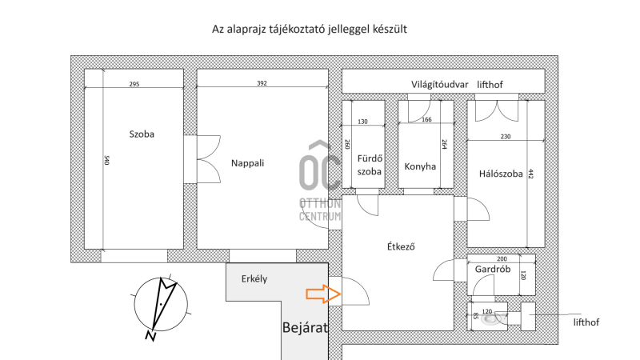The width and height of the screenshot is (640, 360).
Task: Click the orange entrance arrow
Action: pos(323,294)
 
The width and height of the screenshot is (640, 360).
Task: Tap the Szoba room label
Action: pos(142,134)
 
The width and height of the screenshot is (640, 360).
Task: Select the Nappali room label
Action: pos(247,163)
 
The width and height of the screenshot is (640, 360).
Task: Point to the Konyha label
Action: pos(420,166)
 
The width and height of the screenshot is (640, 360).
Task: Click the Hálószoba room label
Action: pos(501,174)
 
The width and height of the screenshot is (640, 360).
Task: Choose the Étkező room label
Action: pos(401,246)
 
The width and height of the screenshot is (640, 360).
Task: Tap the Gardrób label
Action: pos(493,270)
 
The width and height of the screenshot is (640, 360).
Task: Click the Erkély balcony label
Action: pos(254,279)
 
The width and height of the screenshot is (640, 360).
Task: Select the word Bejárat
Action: pos(306,327)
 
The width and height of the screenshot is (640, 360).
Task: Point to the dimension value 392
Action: pos(262,83)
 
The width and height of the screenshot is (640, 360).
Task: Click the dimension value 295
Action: pos(134,84)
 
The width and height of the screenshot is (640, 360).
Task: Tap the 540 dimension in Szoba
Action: pos(107,160)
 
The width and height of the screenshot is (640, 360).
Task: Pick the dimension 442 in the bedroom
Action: pos(530,174)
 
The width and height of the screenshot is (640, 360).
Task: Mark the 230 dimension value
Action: pos(506,137)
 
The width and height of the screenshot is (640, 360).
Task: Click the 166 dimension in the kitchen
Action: pos(426,119)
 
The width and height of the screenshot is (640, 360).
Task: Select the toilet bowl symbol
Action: pos(490,318)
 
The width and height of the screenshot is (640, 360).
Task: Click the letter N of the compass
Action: pos(150,336)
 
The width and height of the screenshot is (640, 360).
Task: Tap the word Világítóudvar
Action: pos(439,85)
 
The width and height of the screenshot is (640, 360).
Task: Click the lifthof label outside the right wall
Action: pos(586,322)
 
